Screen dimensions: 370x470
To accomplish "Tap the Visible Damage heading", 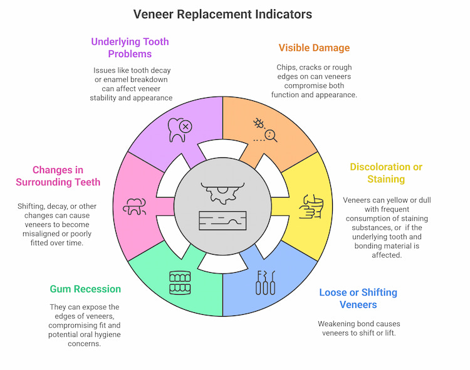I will (314, 48).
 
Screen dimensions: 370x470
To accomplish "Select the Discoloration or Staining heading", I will (386, 173).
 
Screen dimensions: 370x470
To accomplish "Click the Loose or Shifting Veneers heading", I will (358, 299).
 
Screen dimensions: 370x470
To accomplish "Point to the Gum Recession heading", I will (86, 289).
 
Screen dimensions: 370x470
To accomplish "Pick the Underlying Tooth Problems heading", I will (130, 48).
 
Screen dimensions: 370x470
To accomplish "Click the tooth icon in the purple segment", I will (179, 129).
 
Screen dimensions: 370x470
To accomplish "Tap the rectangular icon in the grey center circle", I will (223, 220).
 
